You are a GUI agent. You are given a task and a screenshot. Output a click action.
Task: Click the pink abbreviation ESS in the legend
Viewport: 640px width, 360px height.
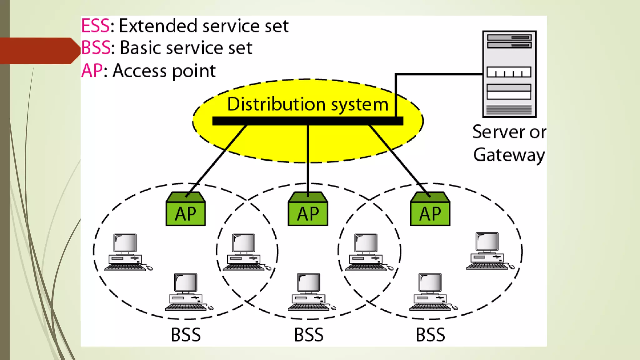pyautogui.click(x=95, y=26)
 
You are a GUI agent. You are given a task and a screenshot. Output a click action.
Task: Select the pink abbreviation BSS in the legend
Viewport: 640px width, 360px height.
pyautogui.click(x=96, y=48)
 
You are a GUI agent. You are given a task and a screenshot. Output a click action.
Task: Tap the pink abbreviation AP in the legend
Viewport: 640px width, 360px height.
pyautogui.click(x=92, y=71)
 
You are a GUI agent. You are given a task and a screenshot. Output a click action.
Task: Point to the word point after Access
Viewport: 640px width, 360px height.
pyautogui.click(x=194, y=71)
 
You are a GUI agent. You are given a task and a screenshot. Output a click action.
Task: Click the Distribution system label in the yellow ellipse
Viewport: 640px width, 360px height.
pyautogui.click(x=307, y=104)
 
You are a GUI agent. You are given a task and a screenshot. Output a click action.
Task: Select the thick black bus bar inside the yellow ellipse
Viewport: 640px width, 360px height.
pyautogui.click(x=307, y=121)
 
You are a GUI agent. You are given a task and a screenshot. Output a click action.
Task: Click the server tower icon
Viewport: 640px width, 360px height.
pyautogui.click(x=509, y=74)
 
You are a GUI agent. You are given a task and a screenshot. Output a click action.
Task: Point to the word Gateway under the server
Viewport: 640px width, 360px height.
pyautogui.click(x=509, y=155)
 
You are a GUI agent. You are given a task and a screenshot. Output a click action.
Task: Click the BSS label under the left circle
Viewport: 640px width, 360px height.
pyautogui.click(x=186, y=335)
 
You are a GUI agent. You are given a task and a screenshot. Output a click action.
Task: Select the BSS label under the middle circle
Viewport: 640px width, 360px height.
pyautogui.click(x=309, y=335)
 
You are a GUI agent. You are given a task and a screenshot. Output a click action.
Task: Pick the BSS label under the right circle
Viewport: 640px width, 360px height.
pyautogui.click(x=430, y=335)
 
